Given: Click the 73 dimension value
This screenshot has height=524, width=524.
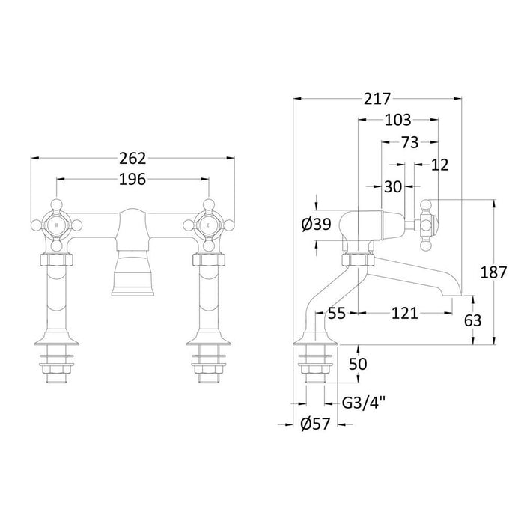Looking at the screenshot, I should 410,142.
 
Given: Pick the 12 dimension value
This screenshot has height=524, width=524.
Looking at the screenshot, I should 440,165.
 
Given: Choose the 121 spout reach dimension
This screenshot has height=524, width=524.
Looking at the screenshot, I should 405,314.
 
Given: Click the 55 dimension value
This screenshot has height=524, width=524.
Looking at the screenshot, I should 338,314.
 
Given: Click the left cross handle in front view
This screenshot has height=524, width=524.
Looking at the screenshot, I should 56,222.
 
